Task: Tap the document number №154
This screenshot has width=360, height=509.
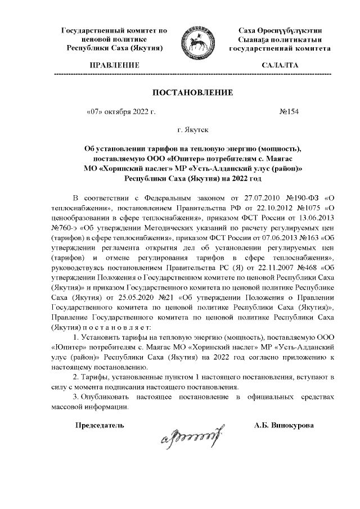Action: [x=288, y=111]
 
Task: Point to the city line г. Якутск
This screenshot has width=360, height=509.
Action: [x=193, y=130]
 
